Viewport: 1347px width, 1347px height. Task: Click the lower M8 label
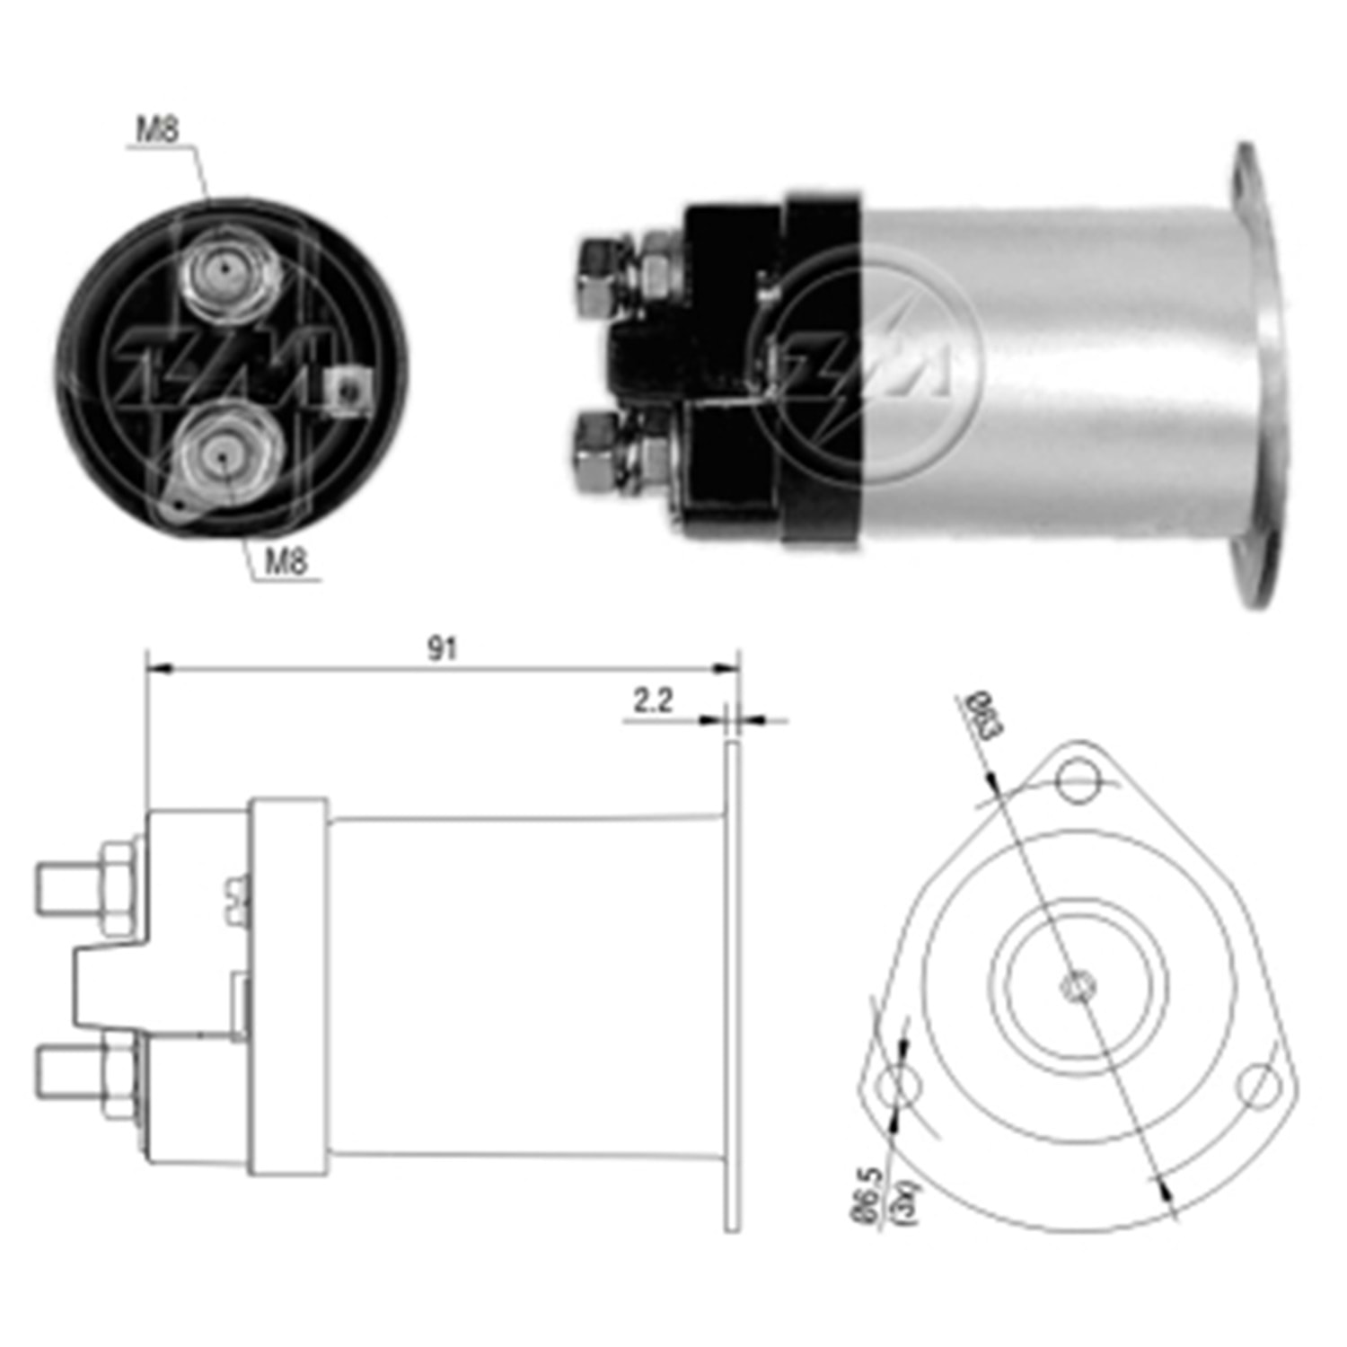pos(286,562)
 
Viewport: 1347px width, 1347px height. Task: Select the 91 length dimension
pos(442,649)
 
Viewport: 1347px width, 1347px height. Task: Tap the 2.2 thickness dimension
pos(653,700)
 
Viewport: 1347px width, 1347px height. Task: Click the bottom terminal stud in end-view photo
pos(223,455)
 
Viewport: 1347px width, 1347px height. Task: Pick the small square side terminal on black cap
pos(348,390)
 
